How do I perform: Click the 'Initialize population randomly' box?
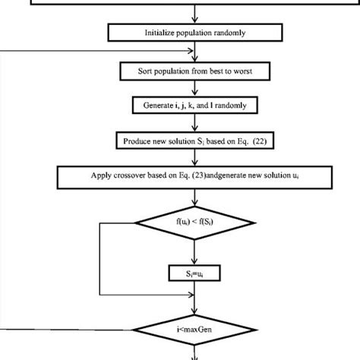(196, 33)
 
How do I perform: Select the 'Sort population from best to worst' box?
(196, 71)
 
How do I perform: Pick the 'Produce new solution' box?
(196, 141)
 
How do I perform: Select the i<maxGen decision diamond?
(196, 330)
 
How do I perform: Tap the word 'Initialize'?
(159, 33)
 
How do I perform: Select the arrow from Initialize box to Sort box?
(196, 52)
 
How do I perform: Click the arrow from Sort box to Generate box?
(196, 89)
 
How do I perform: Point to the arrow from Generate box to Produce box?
(196, 123)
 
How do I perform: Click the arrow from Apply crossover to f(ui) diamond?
(196, 197)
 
